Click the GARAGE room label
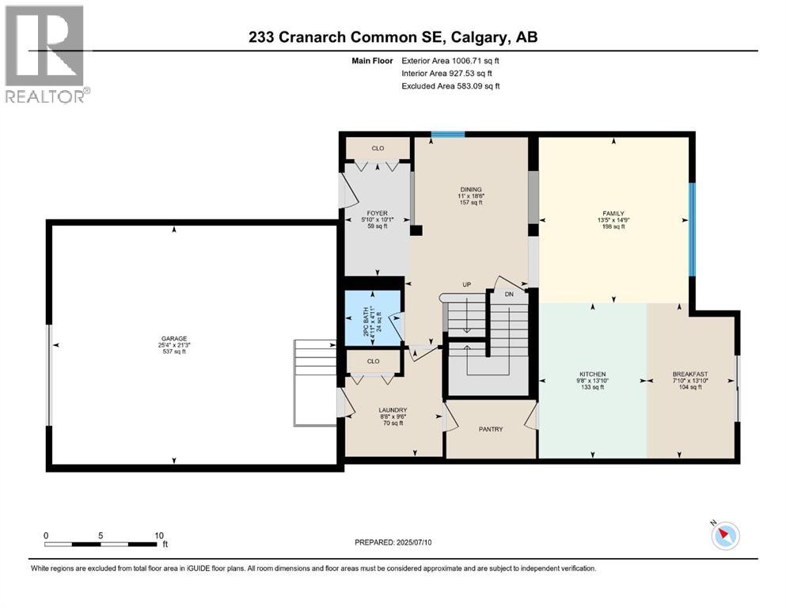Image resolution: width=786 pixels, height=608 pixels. pos(174,338)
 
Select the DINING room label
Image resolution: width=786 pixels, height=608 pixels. pos(472,189)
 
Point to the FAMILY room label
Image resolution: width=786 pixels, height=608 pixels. pos(613,213)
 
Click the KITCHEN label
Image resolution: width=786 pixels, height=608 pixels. pos(592,374)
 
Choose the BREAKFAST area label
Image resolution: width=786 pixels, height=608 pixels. pos(690,374)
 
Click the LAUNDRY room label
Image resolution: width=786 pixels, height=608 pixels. pos(392,410)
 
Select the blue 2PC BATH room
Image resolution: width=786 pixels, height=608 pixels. pos(373,318)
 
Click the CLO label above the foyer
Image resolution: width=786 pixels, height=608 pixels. pos(378,148)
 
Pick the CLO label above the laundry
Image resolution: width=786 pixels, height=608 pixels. pos(374,361)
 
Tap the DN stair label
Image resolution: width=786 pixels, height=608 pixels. pos(509,294)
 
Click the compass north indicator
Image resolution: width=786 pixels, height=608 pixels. pos(724,536)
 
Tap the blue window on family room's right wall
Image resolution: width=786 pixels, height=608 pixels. pos(691,230)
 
